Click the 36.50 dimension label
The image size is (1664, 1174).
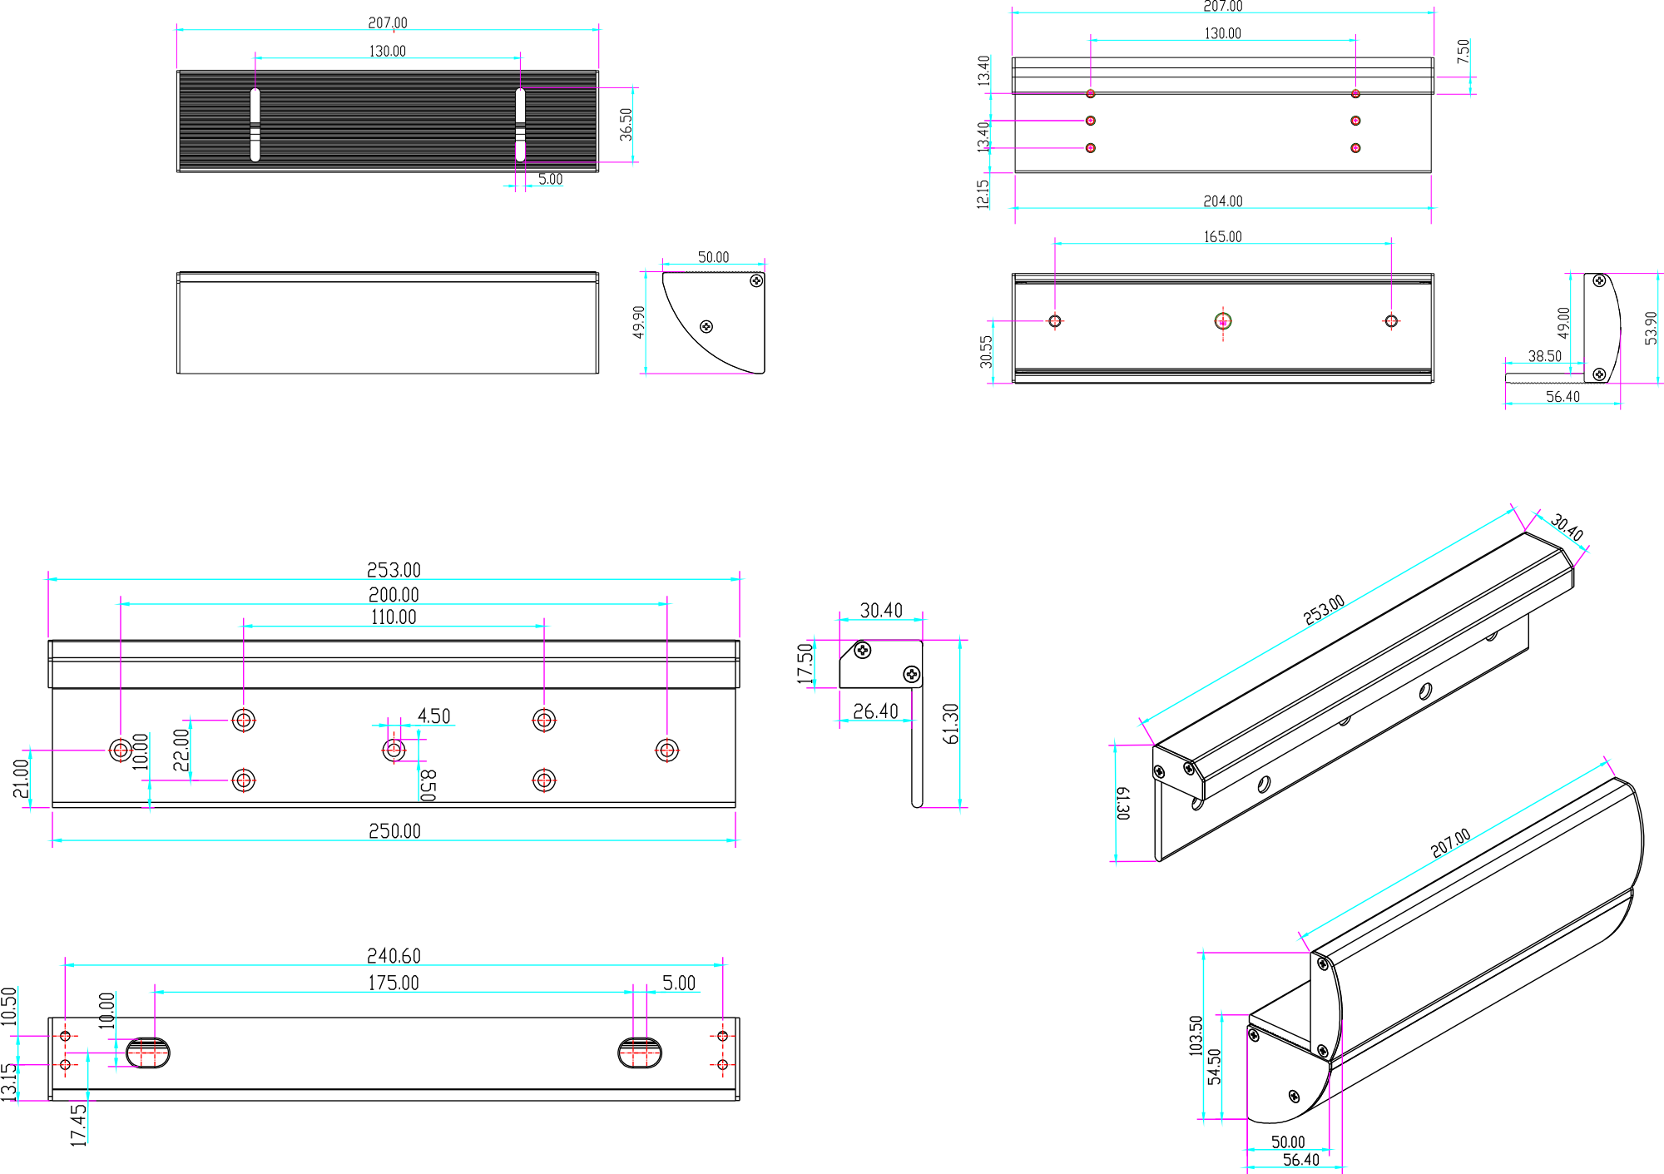[x=626, y=124]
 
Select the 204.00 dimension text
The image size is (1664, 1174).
[x=1222, y=201]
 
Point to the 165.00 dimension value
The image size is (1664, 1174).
[x=1222, y=237]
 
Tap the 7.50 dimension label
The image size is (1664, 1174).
[x=1463, y=52]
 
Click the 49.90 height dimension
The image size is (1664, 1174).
[x=638, y=322]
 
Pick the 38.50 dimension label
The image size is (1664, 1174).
[x=1544, y=356]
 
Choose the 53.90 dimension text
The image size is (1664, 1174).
[x=1651, y=328]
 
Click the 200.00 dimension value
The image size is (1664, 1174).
[x=394, y=595]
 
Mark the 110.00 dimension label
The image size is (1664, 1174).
[x=394, y=617]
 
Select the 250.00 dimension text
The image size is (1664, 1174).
[x=394, y=831]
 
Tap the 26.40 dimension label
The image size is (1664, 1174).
[x=875, y=711]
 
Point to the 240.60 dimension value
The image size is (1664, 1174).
[x=394, y=956]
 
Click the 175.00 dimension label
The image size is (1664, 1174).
[x=394, y=983]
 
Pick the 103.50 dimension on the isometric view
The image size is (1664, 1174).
[x=1196, y=1036]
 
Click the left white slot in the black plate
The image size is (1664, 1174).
[x=255, y=124]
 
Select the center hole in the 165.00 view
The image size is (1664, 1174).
[x=1222, y=320]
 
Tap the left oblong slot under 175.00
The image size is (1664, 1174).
[x=148, y=1053]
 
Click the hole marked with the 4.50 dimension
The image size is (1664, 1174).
[x=394, y=750]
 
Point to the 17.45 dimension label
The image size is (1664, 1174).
[x=79, y=1125]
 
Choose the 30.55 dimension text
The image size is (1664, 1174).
[x=986, y=352]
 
